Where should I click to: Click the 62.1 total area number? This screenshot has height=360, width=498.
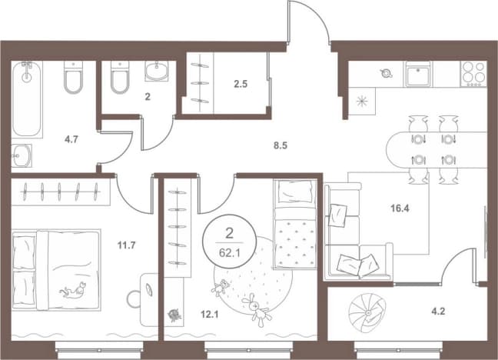[229, 254]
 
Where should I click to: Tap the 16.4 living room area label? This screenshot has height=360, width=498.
[400, 208]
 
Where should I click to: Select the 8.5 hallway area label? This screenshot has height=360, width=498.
[281, 145]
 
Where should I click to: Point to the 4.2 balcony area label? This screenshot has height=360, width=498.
[438, 312]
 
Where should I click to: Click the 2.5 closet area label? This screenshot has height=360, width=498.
[241, 84]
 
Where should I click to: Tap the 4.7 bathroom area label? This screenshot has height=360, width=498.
[71, 139]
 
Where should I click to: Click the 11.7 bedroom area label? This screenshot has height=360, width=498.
[126, 245]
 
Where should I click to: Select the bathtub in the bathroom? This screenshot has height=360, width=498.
[27, 99]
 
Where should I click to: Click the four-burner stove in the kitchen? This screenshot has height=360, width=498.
[473, 74]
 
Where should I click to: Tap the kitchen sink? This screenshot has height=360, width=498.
[417, 74]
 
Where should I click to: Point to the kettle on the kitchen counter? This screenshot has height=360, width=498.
[386, 73]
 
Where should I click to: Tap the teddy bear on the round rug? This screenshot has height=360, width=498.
[220, 288]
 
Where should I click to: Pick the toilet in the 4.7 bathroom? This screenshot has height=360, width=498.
[73, 77]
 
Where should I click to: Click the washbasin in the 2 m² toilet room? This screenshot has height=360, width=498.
[156, 70]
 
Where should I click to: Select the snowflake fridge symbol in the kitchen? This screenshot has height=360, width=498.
[362, 102]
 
